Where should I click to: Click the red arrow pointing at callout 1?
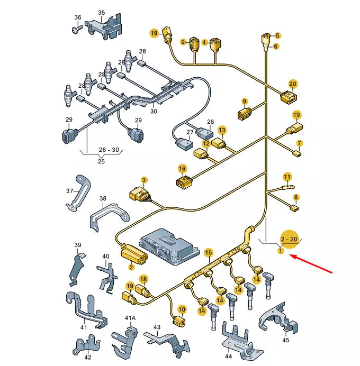tap(311, 264)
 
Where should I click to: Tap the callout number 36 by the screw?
tap(78, 17)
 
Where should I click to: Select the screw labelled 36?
tap(78, 30)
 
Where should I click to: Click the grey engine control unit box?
tap(169, 246)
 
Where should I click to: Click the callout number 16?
tap(182, 169)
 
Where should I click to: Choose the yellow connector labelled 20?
tap(289, 97)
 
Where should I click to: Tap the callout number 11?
tap(287, 177)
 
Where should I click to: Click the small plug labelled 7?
tap(297, 154)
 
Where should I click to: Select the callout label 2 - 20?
tap(289, 239)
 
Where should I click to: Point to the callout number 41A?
tap(130, 318)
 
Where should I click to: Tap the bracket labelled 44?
tap(241, 341)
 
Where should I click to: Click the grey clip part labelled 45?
tap(278, 317)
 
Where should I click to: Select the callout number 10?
tap(182, 310)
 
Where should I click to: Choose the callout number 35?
tap(102, 13)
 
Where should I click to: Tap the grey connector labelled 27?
tap(185, 144)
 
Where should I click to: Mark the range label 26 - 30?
tap(109, 150)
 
